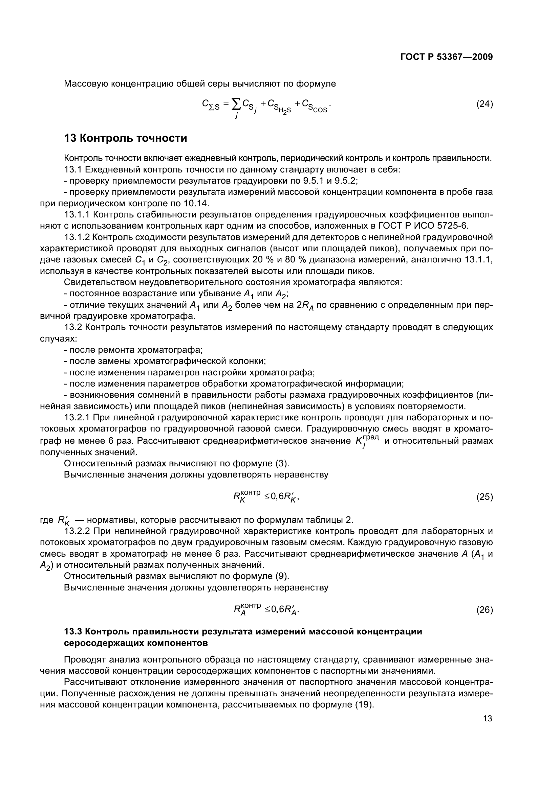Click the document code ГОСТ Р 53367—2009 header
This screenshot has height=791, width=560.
click(447, 57)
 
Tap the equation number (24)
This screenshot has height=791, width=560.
click(484, 104)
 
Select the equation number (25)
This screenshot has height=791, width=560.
click(484, 497)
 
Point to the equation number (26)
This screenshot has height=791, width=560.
click(484, 610)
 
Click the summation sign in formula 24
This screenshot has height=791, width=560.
click(236, 103)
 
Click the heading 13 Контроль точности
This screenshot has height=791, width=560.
click(126, 138)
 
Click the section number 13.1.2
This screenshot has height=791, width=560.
click(77, 237)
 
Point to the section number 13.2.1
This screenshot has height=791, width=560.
click(77, 418)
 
